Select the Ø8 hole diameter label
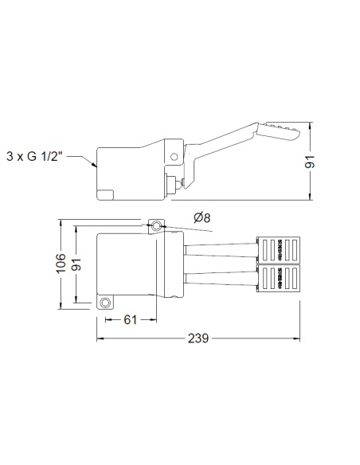[202, 218]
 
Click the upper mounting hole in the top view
[156, 228]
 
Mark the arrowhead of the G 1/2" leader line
[95, 166]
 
